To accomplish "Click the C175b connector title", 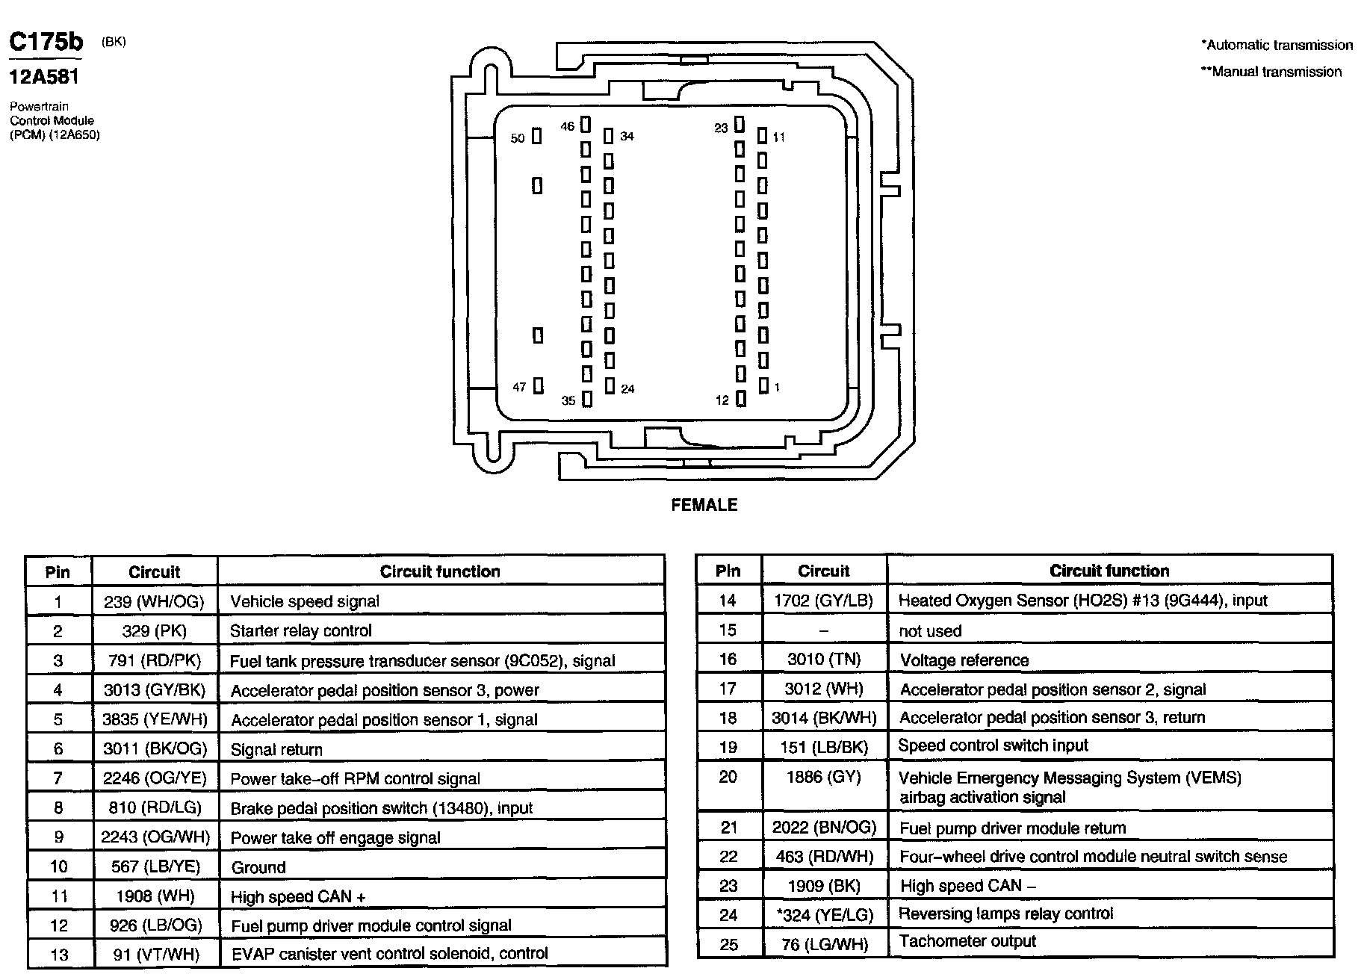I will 46,43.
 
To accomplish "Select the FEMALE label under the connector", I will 704,505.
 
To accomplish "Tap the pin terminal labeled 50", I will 536,137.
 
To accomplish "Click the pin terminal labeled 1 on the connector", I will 763,385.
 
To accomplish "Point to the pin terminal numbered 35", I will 587,400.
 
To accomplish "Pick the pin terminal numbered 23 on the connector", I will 739,124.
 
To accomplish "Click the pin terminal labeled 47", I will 538,385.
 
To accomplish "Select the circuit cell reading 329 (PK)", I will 154,631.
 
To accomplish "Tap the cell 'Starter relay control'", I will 300,631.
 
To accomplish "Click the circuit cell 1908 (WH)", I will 155,896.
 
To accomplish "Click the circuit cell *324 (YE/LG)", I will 823,915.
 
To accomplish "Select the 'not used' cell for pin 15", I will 930,631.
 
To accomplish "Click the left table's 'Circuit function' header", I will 440,571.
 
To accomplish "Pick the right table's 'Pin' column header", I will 728,571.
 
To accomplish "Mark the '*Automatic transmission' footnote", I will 1277,45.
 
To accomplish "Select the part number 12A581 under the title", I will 44,76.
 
